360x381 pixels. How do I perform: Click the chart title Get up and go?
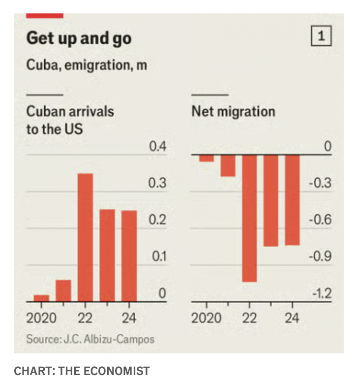click(79, 38)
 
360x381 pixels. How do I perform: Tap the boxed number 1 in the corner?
click(321, 37)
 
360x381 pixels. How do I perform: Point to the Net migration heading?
click(233, 111)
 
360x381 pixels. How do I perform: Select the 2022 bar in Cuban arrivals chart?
click(85, 237)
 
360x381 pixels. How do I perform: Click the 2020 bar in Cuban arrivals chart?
click(41, 298)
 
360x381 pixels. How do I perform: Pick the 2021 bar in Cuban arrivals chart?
click(63, 290)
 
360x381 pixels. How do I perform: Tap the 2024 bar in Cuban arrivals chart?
click(129, 255)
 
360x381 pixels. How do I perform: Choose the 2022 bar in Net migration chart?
click(249, 218)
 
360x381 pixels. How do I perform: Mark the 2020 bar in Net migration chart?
click(207, 158)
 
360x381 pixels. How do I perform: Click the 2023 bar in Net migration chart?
click(271, 200)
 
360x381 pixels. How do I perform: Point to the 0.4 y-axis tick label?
click(158, 147)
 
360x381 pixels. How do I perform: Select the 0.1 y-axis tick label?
click(158, 257)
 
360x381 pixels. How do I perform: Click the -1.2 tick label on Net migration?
click(322, 294)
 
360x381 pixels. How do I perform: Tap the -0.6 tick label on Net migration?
click(322, 220)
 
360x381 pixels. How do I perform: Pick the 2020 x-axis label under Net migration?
click(207, 317)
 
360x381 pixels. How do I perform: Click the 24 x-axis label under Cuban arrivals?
click(129, 317)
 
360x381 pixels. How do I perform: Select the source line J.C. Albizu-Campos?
click(90, 339)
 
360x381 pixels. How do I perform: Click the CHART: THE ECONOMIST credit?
click(81, 370)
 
